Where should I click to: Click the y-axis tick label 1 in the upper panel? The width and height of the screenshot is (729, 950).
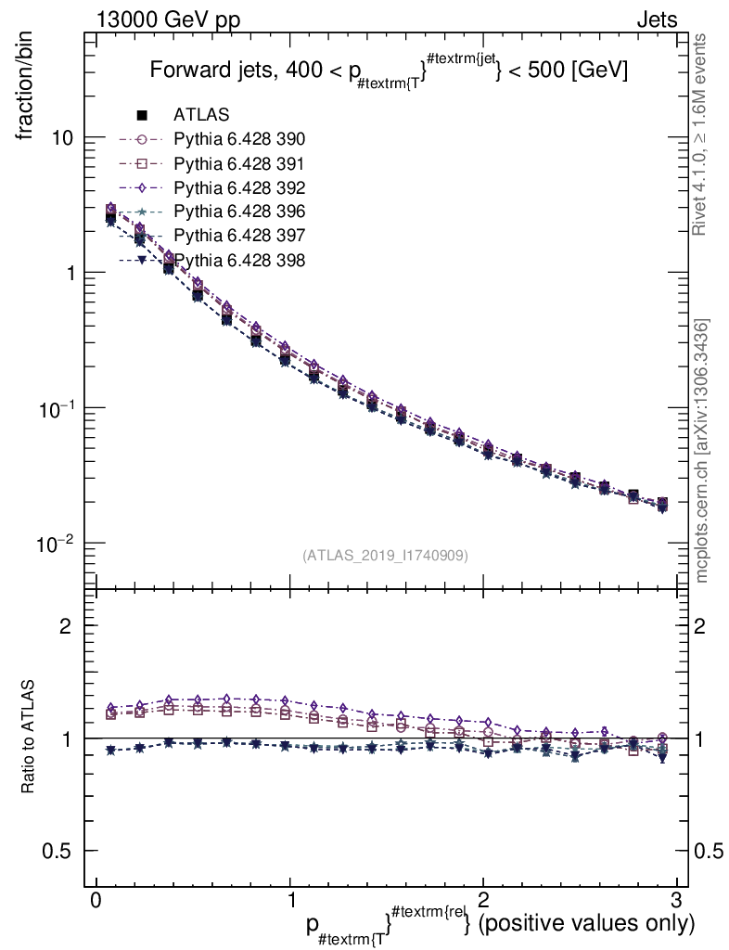pos(69,273)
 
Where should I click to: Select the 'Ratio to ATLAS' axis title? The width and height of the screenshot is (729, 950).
pos(29,738)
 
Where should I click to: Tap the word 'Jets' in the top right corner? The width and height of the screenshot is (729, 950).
pos(656,19)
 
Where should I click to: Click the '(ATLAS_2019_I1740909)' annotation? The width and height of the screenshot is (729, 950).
pos(385,556)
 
